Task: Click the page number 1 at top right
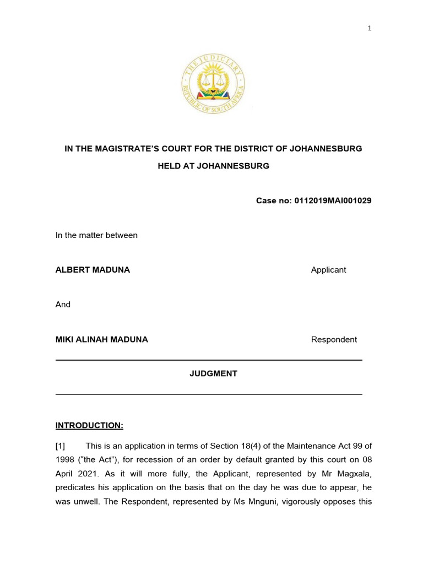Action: (x=370, y=29)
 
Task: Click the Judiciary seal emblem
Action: (x=213, y=86)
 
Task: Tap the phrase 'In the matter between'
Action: (x=96, y=235)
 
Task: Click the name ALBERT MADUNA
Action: (x=93, y=270)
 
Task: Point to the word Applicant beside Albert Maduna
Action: (x=328, y=270)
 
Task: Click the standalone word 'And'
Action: (x=63, y=304)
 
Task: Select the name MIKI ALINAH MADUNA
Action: (x=102, y=339)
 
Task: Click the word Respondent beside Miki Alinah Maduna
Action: (x=334, y=339)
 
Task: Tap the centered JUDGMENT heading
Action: (x=214, y=373)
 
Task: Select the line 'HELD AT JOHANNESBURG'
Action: (x=214, y=166)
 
